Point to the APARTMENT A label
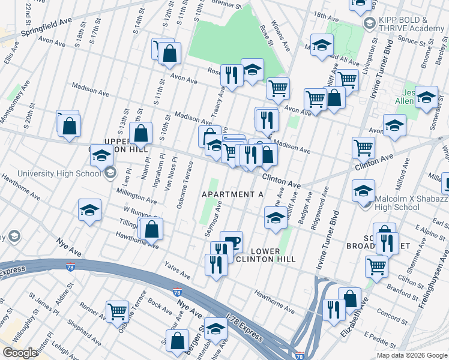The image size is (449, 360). tap(233, 194)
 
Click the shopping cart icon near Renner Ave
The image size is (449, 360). tap(117, 311)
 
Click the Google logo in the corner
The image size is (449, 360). tap(19, 353)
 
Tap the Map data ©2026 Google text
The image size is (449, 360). tap(412, 355)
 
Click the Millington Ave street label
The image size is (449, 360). tap(137, 196)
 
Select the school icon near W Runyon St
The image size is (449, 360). tap(89, 211)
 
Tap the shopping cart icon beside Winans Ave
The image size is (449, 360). tap(277, 89)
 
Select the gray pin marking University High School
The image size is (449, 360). tap(110, 174)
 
